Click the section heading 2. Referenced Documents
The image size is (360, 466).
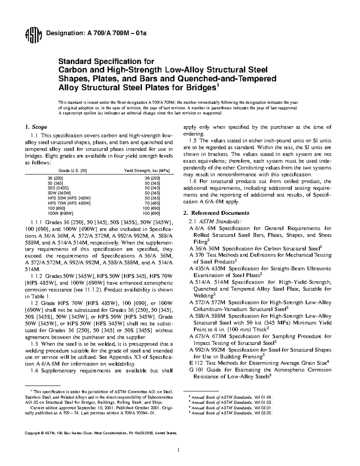216,213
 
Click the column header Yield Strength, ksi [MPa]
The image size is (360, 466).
147,171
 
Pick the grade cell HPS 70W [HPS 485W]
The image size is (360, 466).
69,203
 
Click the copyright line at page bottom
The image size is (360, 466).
101,433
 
